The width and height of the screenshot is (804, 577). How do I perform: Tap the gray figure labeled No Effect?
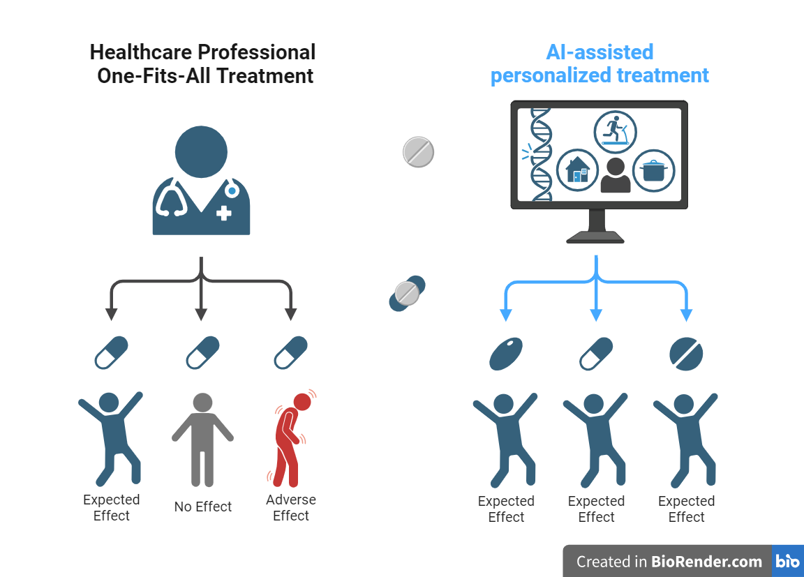pos(202,440)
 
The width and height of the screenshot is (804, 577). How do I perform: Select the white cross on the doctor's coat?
pos(223,213)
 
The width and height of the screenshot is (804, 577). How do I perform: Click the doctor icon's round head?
pos(201,152)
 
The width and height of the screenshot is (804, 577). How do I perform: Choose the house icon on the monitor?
pos(577,170)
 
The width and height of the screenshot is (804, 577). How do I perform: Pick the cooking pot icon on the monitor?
pos(654,170)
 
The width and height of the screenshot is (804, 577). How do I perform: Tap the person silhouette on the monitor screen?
pos(616,175)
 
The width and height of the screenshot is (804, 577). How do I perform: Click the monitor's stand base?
pos(595,237)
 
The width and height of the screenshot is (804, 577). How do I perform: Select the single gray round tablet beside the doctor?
pos(419,152)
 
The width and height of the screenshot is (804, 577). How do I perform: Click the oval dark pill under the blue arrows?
pos(506,354)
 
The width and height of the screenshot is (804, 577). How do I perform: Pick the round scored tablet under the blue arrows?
pos(686,354)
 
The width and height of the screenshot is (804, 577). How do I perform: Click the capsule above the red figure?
pos(290,352)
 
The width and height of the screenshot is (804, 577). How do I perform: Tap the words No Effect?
pos(202,507)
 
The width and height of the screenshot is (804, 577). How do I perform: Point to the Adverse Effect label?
pos(291,508)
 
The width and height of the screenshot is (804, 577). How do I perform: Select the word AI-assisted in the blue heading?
pos(600,52)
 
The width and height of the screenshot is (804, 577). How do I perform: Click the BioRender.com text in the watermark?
pos(707,562)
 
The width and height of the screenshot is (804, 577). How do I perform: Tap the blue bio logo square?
pos(788,562)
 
